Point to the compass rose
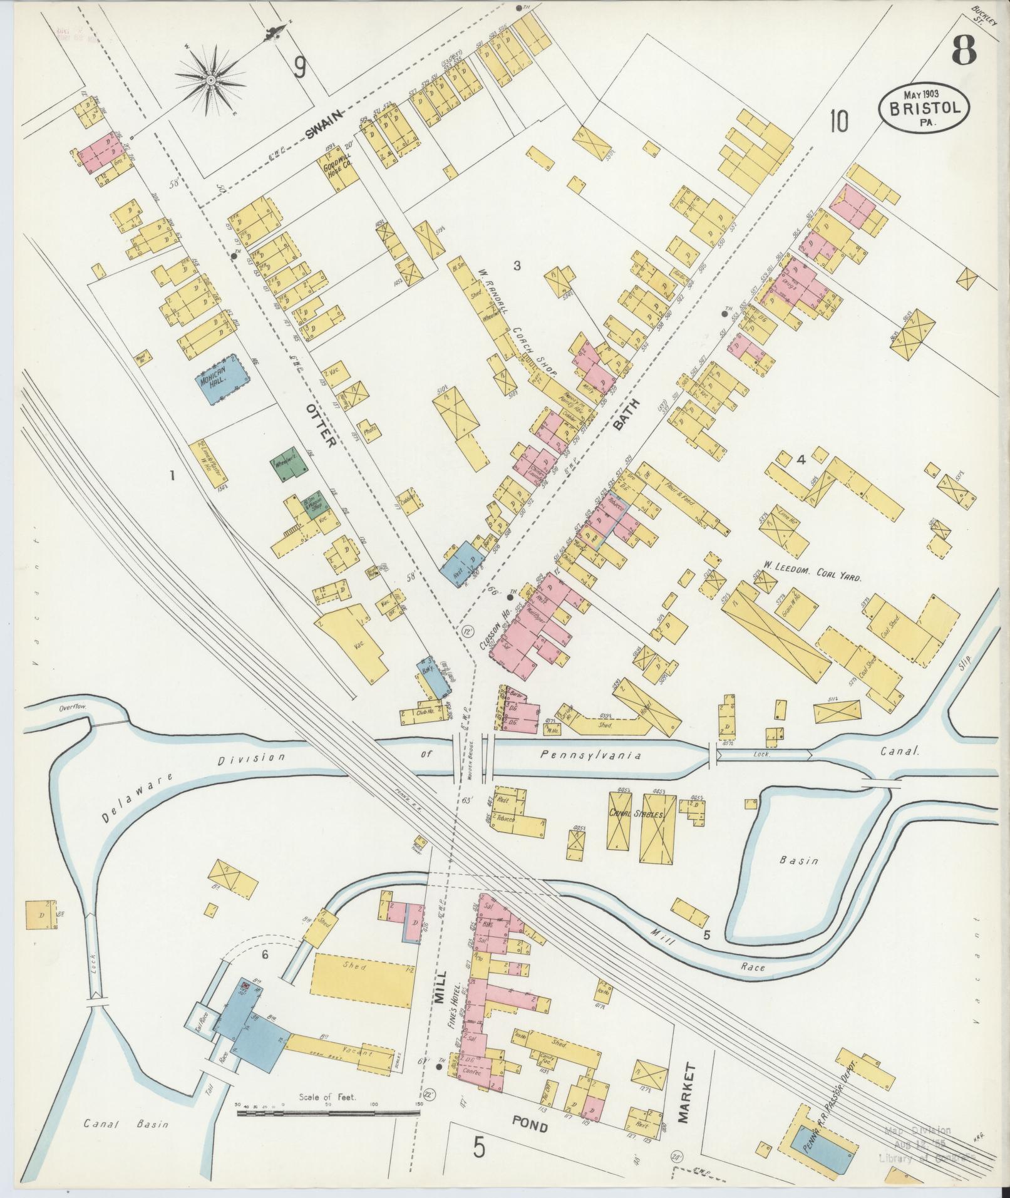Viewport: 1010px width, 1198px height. [211, 80]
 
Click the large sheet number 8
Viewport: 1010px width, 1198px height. [964, 51]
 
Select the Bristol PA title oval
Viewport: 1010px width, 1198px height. [926, 107]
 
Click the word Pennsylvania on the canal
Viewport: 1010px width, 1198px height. [590, 756]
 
